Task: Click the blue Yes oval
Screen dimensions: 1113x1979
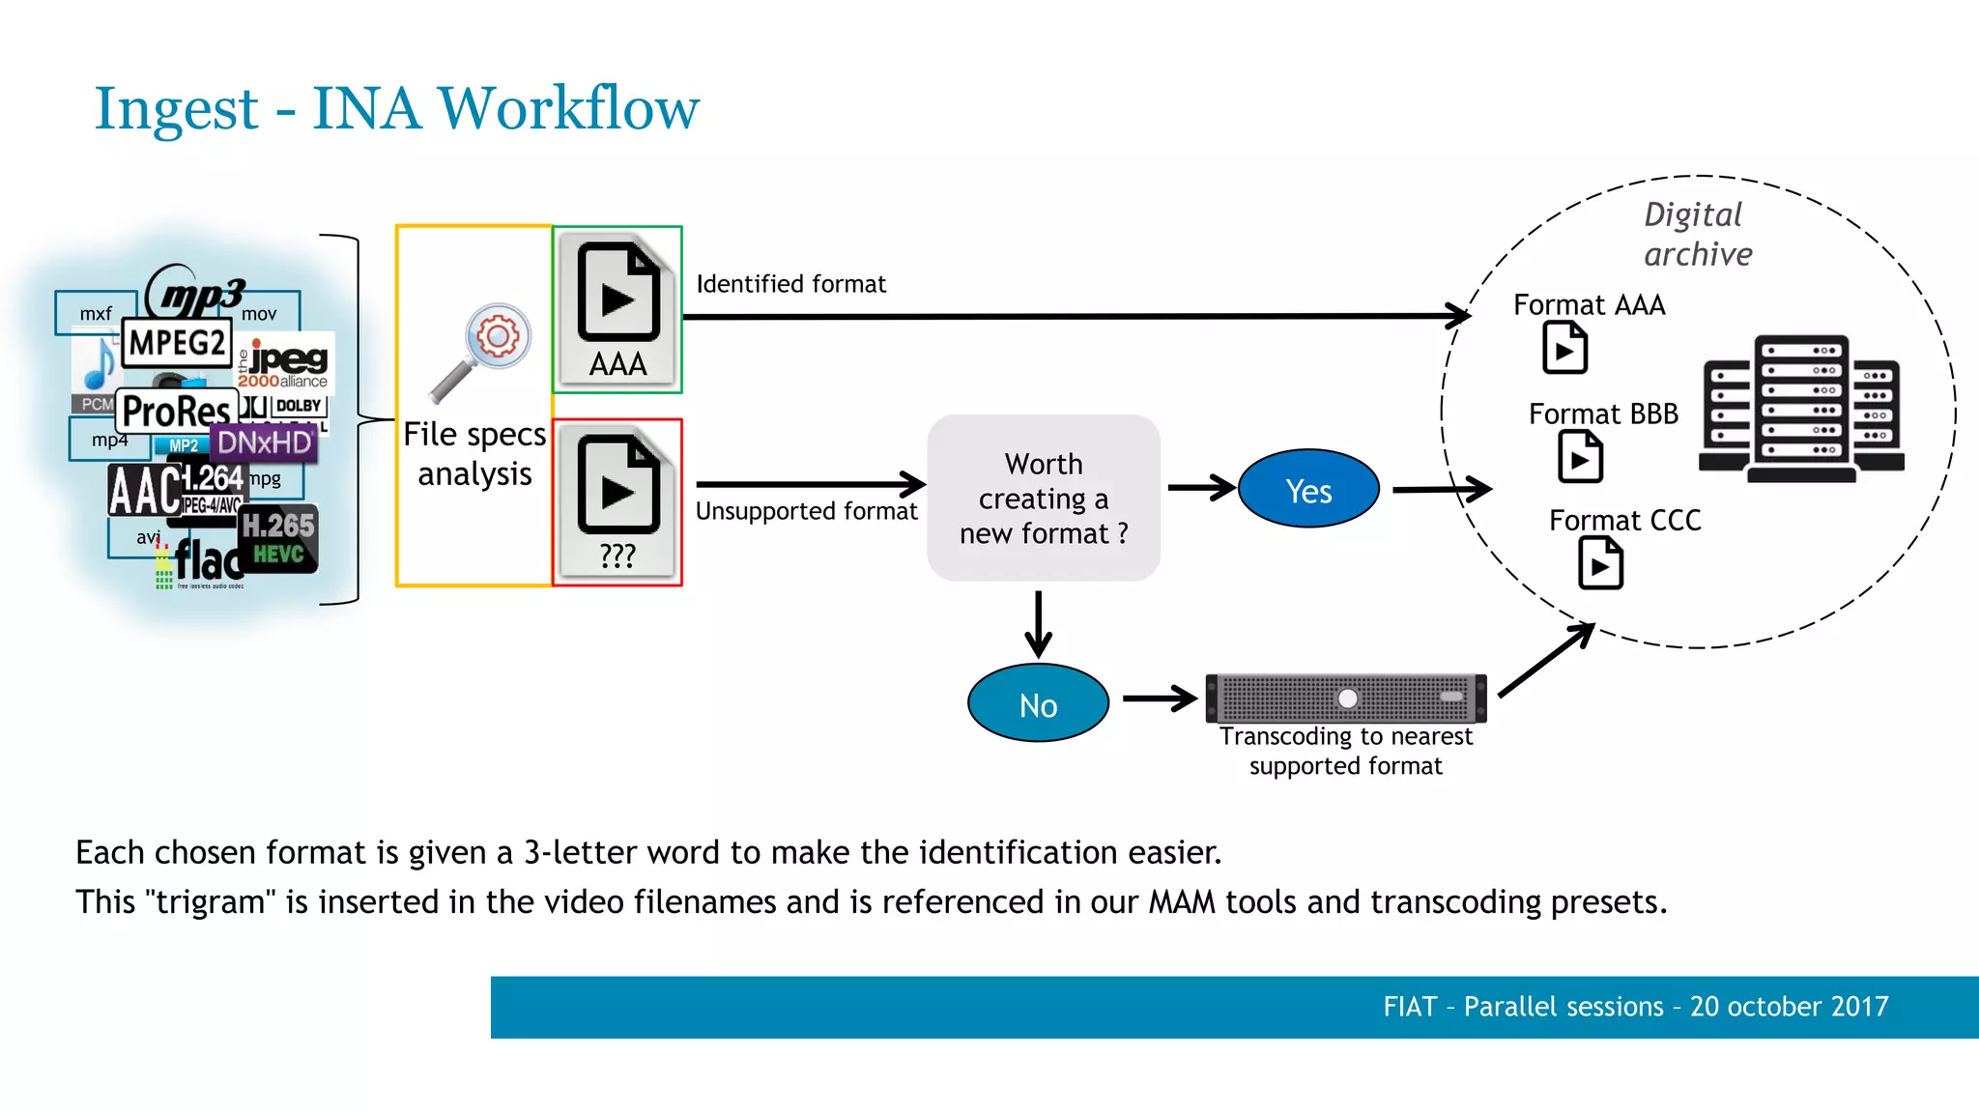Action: coord(1308,489)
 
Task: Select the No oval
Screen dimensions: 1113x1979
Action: coord(1038,703)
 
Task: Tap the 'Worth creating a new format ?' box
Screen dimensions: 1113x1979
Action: coord(1044,499)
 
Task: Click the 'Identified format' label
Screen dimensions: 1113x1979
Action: coord(790,284)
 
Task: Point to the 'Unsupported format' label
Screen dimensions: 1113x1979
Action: coord(806,511)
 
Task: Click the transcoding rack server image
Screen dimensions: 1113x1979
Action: coord(1346,698)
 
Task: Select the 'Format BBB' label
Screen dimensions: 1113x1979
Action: coord(1603,414)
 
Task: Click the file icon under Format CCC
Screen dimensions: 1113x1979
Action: coord(1600,563)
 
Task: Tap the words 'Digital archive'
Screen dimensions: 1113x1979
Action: coord(1697,234)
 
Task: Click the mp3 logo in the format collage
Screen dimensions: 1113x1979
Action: coord(198,293)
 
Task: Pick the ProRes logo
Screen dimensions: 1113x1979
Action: coord(177,412)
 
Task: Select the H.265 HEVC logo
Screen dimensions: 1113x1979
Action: coord(278,538)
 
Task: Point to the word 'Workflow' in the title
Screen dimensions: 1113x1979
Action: coord(569,108)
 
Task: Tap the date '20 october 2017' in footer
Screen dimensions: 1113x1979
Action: coord(1789,1007)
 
